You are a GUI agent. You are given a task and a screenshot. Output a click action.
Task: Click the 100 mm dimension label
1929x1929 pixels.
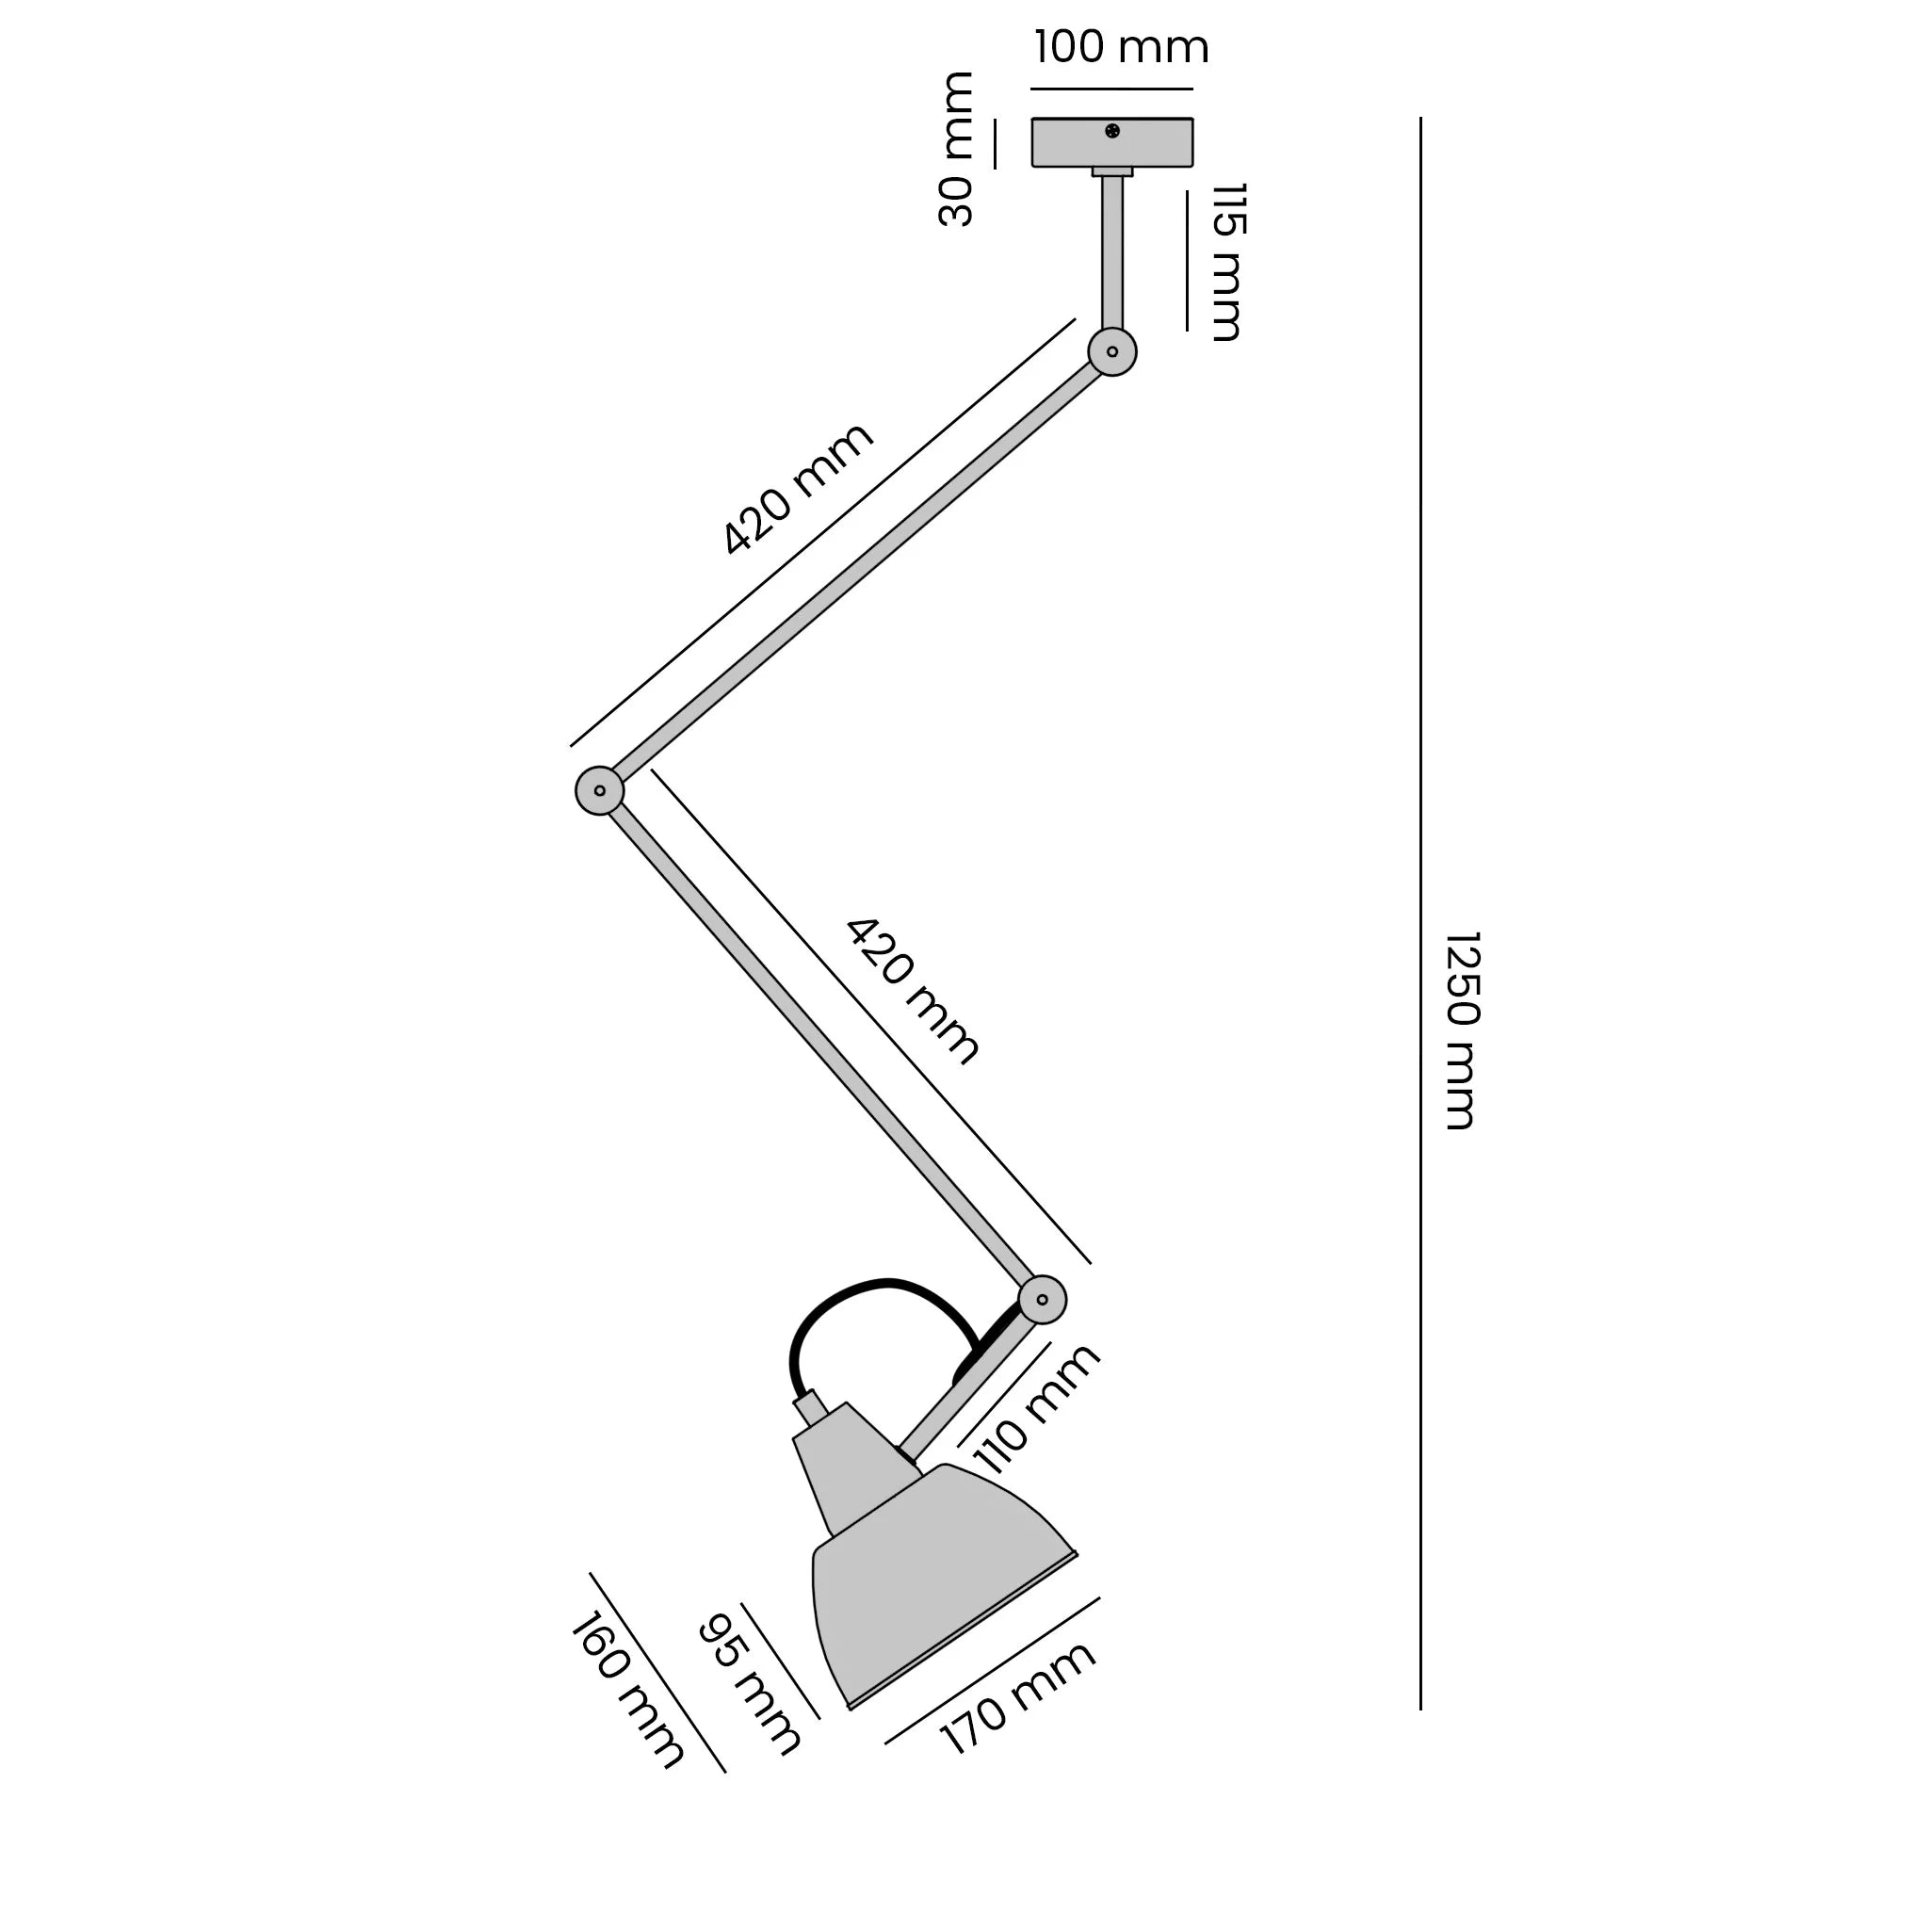(x=1120, y=47)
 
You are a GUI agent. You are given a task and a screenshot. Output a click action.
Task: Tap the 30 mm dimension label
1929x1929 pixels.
(x=958, y=149)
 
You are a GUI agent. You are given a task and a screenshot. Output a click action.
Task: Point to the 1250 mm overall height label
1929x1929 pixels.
(x=1462, y=1030)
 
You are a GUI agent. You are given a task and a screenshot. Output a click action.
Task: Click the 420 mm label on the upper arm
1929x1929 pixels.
(x=797, y=489)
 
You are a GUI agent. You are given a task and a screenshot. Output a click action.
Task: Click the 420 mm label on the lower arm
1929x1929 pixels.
(x=913, y=992)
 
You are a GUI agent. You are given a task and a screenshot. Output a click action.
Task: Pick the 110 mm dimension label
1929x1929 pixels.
(x=1035, y=1409)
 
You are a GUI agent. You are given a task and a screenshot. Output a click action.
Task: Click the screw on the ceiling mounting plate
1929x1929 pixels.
(x=1112, y=131)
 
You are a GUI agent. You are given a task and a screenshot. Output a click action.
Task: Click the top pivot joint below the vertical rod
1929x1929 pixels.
(x=1111, y=351)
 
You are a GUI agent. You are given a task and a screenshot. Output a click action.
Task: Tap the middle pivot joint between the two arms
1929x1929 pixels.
(x=599, y=791)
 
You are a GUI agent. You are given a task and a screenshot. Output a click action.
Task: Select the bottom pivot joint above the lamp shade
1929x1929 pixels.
(x=1043, y=1300)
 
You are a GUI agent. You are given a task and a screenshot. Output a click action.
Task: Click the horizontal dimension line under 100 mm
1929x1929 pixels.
(x=1111, y=89)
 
